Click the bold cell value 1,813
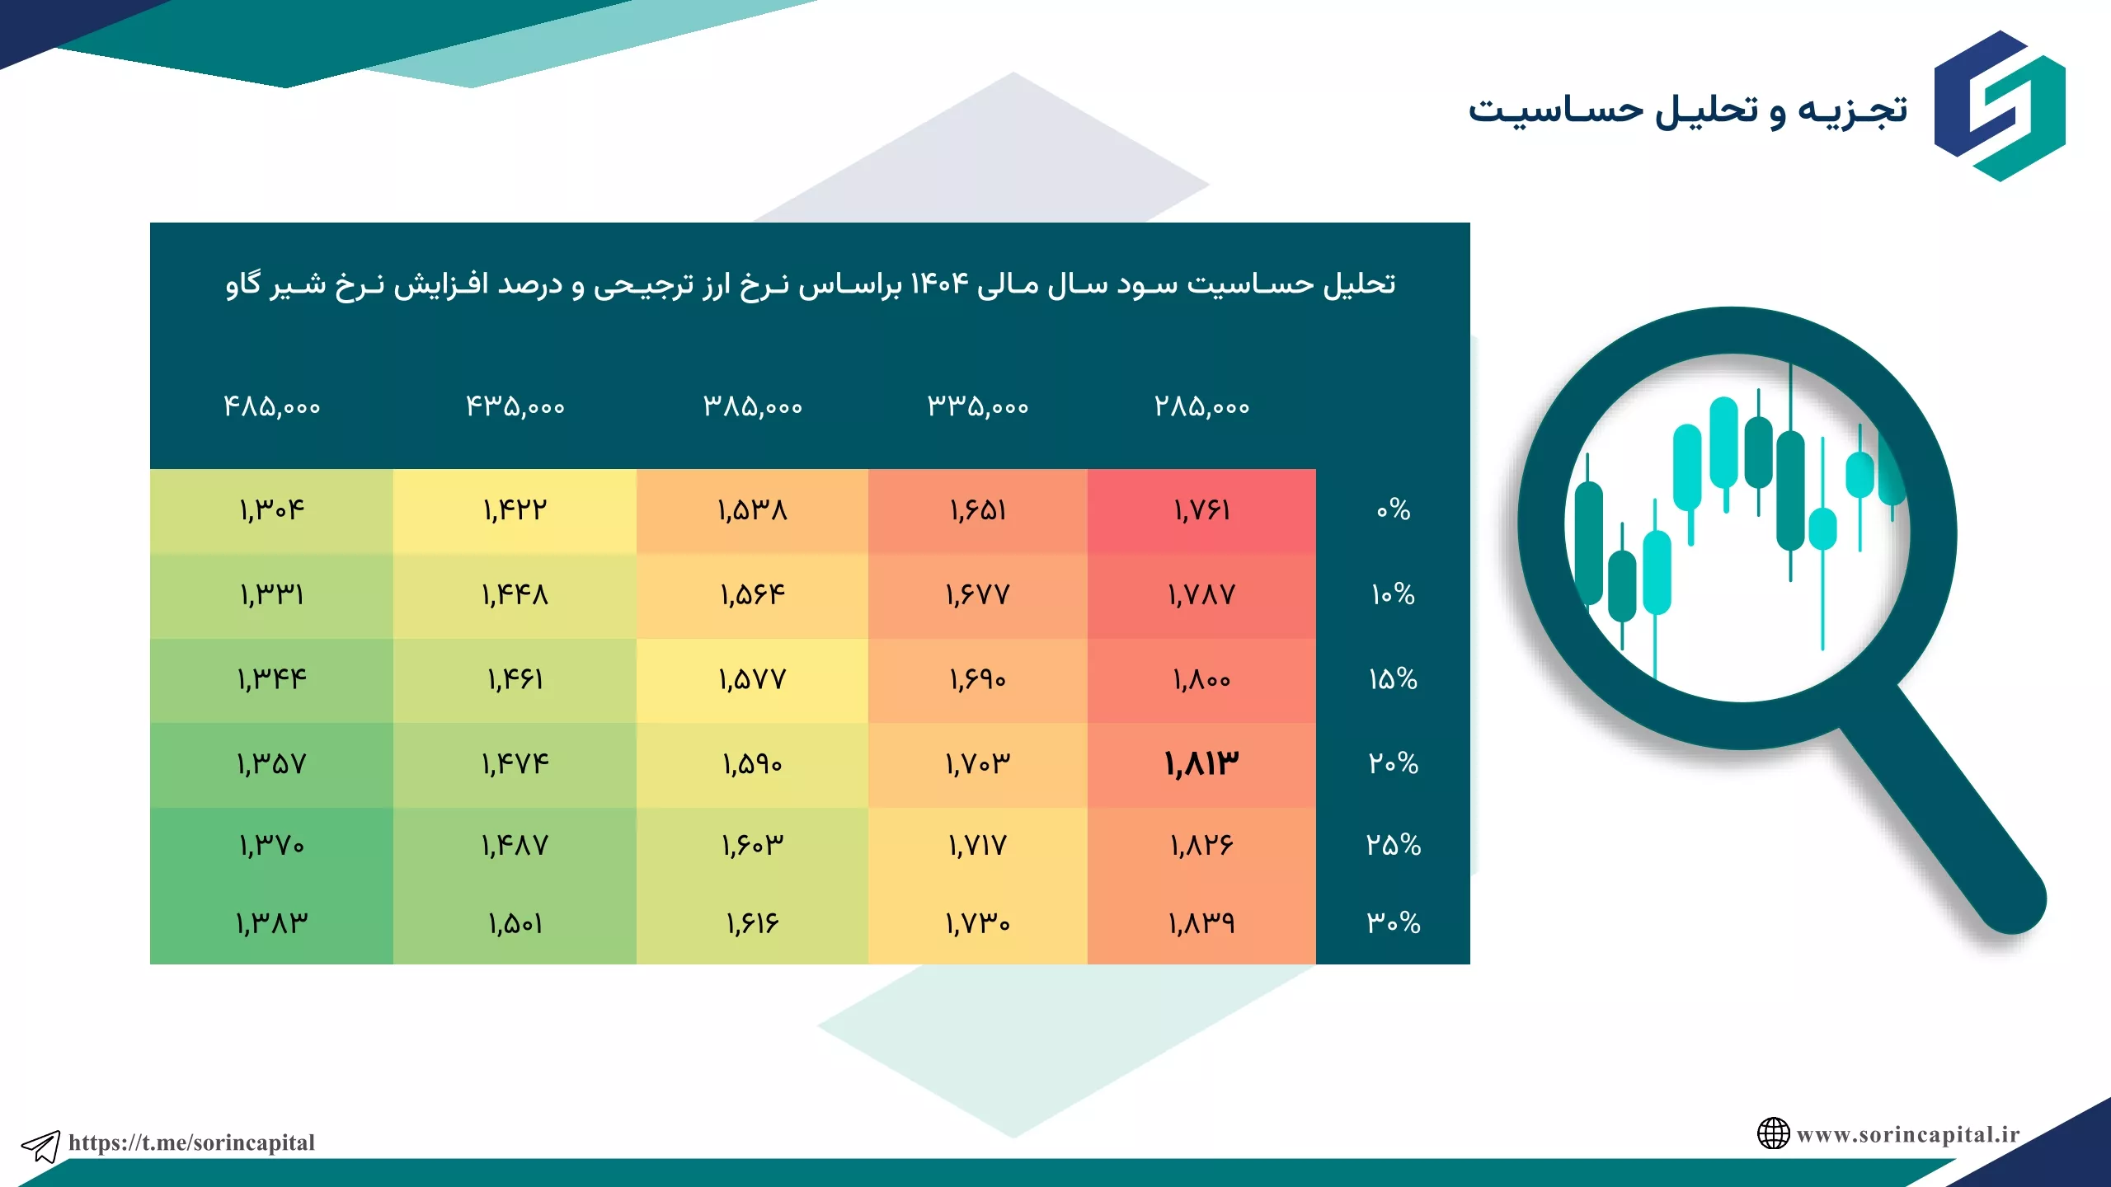point(1201,764)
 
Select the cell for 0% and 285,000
point(1201,511)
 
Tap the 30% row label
point(1394,922)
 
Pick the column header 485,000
point(271,406)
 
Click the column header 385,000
point(752,406)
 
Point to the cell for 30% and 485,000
point(271,923)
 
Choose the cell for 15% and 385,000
point(752,680)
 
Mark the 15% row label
point(1394,679)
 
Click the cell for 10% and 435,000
point(515,595)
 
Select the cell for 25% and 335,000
point(977,846)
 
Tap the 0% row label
point(1394,509)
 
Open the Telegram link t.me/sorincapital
point(191,1142)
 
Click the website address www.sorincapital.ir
point(1908,1134)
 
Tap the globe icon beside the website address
point(1773,1133)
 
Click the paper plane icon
point(40,1146)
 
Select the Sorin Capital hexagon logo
point(2000,106)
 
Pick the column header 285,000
point(1201,406)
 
